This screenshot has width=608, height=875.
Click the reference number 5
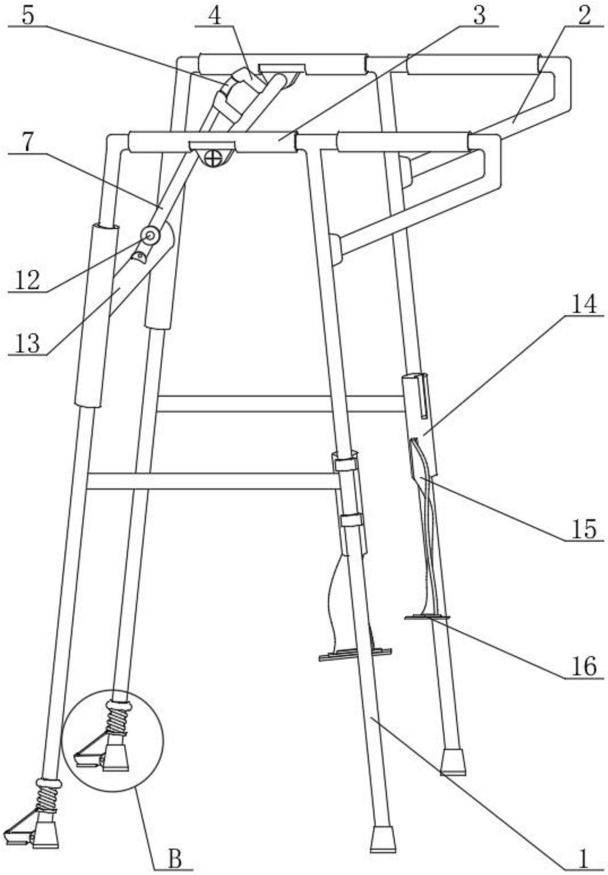click(28, 16)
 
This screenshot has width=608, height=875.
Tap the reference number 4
click(215, 16)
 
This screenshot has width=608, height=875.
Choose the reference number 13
click(28, 343)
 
